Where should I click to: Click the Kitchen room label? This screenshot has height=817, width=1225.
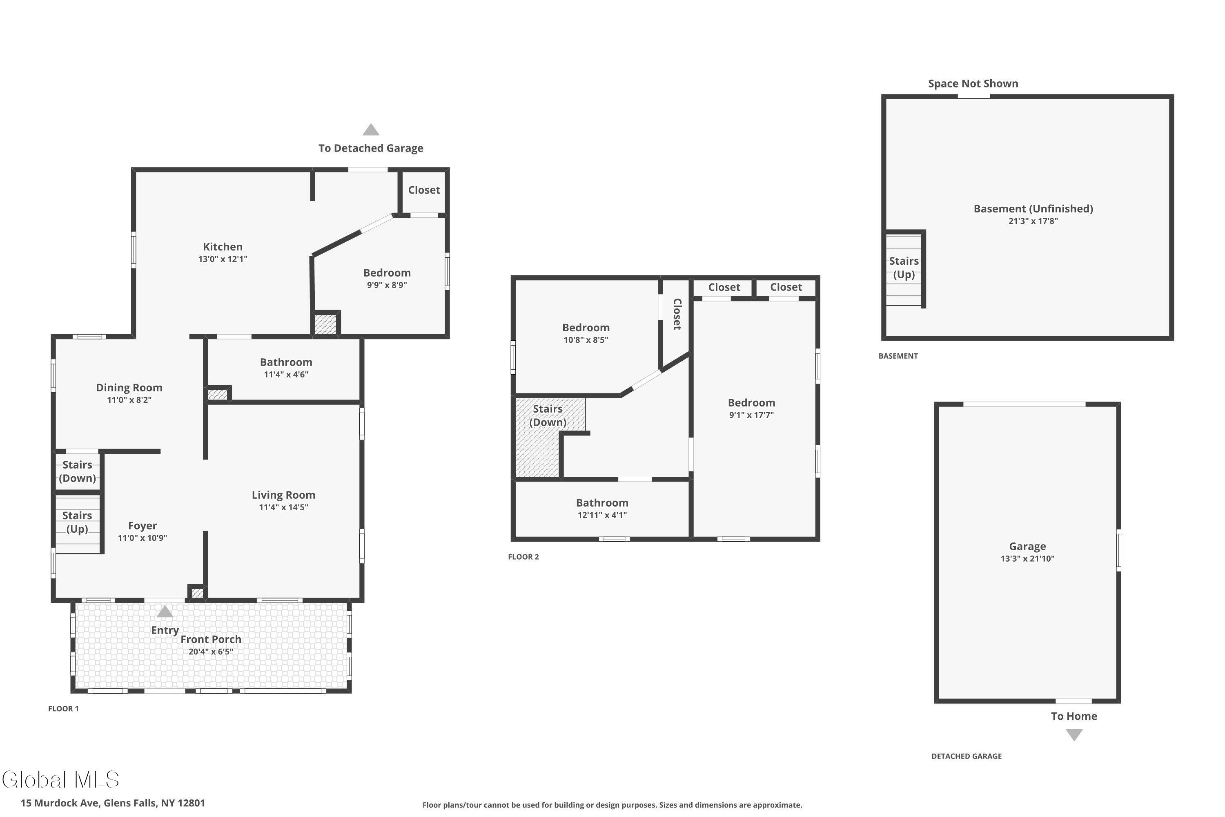223,247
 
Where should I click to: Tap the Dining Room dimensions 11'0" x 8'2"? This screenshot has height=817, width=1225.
129,400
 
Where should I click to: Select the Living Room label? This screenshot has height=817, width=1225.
283,495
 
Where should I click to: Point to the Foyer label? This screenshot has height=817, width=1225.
142,526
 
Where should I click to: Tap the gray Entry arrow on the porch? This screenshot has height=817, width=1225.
165,611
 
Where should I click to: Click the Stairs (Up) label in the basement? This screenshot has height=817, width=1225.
904,268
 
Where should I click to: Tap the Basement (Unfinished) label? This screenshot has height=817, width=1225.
1033,209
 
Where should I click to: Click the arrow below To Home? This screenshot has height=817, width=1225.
1074,734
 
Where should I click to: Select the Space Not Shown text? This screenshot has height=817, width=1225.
973,83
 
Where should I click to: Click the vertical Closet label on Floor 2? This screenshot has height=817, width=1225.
677,314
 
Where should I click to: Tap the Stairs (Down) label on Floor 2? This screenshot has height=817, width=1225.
548,415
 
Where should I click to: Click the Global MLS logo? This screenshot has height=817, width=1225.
60,779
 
